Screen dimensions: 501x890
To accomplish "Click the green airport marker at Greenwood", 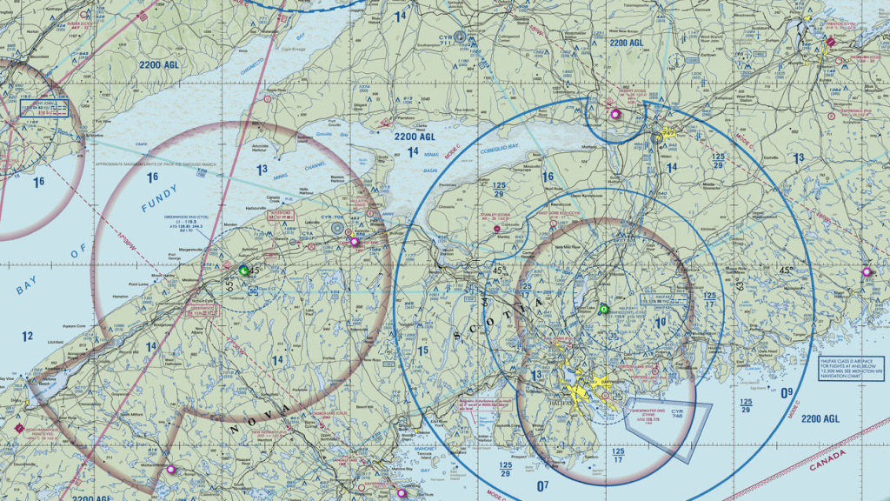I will (x=243, y=271).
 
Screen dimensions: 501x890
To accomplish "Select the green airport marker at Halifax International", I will (x=604, y=309).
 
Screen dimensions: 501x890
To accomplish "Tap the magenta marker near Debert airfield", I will (x=615, y=114).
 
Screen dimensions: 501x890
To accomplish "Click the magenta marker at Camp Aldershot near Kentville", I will (x=354, y=242).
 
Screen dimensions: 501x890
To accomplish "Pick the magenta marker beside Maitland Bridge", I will (x=170, y=470).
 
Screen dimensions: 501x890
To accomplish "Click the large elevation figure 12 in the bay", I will (x=28, y=336).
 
